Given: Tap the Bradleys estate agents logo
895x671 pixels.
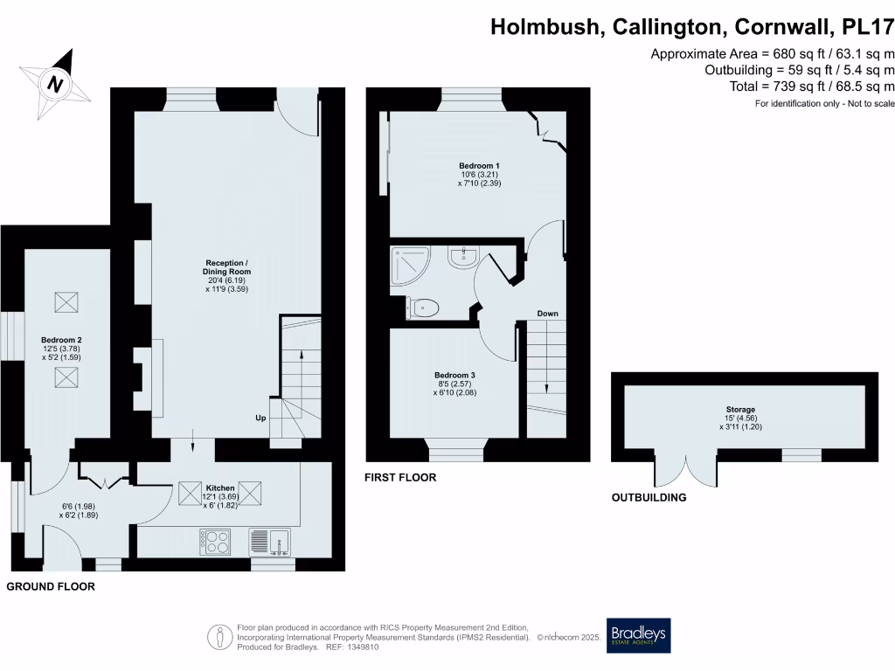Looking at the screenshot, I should click(639, 635).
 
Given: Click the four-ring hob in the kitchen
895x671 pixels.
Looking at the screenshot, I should click(215, 543).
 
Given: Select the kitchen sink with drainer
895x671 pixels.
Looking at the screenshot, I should click(270, 543).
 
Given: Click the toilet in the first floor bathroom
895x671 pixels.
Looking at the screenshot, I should click(425, 307).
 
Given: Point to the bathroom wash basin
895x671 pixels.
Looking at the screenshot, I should click(461, 257).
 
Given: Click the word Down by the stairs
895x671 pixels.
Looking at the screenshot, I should click(547, 314).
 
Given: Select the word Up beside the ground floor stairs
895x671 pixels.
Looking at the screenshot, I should click(260, 418).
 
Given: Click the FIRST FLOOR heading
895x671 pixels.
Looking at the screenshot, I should click(401, 478).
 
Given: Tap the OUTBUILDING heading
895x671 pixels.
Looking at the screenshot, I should click(649, 498).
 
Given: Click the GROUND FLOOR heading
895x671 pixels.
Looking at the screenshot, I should click(51, 587).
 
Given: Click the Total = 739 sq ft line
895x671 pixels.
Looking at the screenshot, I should click(812, 86).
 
